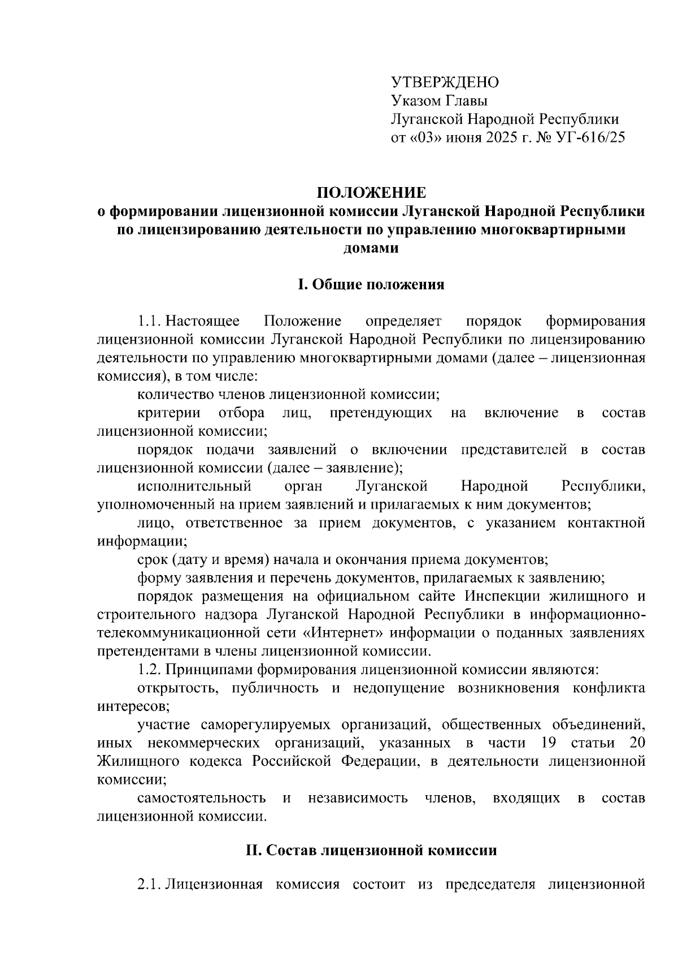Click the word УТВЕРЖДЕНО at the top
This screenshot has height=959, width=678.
(445, 83)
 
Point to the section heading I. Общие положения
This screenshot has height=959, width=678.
(371, 284)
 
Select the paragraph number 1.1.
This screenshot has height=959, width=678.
(150, 322)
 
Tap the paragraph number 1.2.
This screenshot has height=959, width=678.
(150, 670)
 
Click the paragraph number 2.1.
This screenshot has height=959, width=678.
(150, 884)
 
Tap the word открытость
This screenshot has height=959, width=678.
(173, 688)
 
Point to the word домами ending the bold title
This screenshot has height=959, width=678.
(371, 248)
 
